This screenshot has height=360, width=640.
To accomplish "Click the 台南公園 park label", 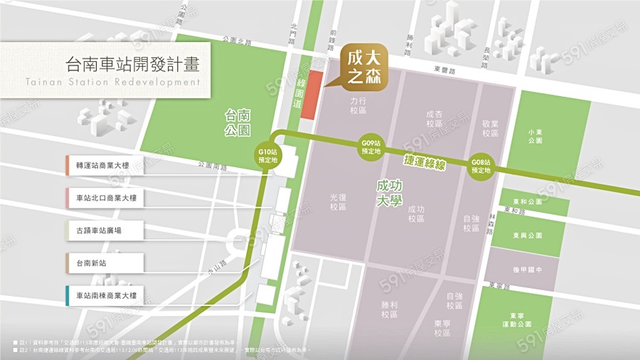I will [x=238, y=122].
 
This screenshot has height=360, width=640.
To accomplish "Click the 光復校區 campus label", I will [x=338, y=202].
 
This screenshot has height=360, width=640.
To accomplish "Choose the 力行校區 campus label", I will [x=357, y=106].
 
